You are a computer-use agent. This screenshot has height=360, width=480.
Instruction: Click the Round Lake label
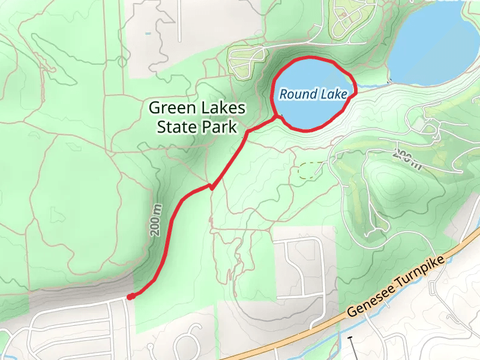pyautogui.click(x=313, y=94)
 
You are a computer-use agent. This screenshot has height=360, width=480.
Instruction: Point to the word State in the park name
pyautogui.click(x=177, y=127)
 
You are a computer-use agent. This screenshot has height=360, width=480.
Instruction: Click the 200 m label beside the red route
pyautogui.click(x=156, y=220)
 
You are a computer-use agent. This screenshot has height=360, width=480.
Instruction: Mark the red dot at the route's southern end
pyautogui.click(x=130, y=296)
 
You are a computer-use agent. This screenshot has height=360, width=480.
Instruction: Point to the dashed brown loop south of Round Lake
pyautogui.click(x=310, y=171)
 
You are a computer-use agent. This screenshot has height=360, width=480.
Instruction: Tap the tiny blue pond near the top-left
pyautogui.click(x=148, y=34)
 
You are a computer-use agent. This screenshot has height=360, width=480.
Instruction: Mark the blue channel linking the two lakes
pyautogui.click(x=372, y=86)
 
